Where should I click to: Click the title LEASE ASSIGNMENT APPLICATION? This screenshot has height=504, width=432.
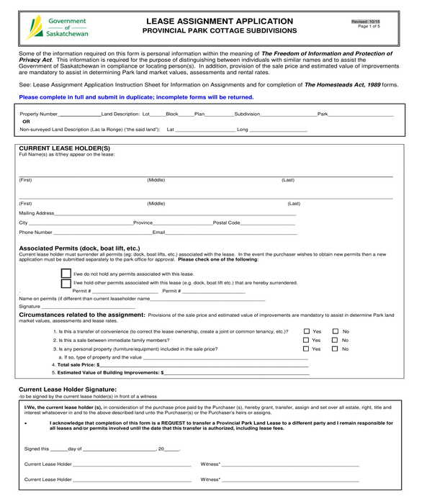219,21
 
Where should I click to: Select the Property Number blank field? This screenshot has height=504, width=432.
79,114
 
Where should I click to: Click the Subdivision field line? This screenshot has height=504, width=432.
288,114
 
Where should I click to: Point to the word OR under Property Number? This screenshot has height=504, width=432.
27,122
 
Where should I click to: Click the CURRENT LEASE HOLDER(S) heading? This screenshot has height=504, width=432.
64,148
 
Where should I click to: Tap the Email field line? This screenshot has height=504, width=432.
231,233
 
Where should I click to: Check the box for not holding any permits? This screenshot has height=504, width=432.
66,274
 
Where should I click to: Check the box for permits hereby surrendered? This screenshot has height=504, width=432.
66,283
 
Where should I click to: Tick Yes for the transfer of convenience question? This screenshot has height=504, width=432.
306,331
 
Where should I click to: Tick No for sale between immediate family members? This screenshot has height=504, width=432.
335,340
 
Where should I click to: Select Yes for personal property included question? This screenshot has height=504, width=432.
306,348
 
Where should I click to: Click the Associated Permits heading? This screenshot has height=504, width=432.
79,248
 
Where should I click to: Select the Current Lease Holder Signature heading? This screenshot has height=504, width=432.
67,389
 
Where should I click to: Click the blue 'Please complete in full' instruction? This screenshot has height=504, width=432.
136,96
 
